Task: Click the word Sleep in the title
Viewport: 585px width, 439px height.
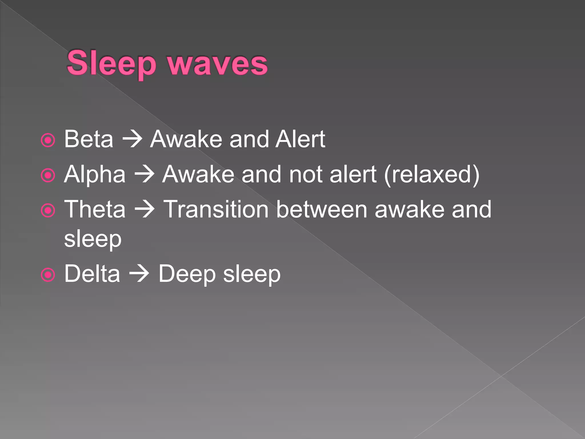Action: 111,63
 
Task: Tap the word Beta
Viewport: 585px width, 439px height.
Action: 89,139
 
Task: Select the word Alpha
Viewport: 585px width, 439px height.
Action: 95,174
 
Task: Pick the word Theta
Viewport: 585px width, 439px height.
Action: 95,209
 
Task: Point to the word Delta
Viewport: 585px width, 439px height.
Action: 92,274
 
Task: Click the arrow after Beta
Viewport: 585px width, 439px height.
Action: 132,139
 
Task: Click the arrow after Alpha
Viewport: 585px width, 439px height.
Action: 144,174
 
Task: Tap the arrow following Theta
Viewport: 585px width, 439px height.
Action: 144,209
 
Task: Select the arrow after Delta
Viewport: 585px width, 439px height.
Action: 139,274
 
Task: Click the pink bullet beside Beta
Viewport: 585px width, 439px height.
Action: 48,140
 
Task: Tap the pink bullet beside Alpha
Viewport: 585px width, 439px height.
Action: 48,175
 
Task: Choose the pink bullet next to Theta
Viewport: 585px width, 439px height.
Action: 48,211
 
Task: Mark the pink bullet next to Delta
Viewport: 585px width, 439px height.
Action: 48,275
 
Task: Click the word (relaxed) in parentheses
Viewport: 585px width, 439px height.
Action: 432,174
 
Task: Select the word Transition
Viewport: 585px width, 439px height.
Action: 216,209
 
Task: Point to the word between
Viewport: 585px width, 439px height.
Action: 322,209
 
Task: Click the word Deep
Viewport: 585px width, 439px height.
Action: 187,274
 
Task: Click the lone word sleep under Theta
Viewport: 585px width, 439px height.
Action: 93,240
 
